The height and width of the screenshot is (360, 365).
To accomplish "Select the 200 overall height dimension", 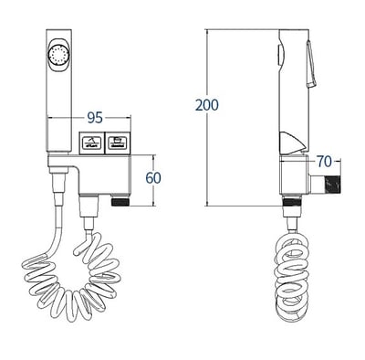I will point(206,105).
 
